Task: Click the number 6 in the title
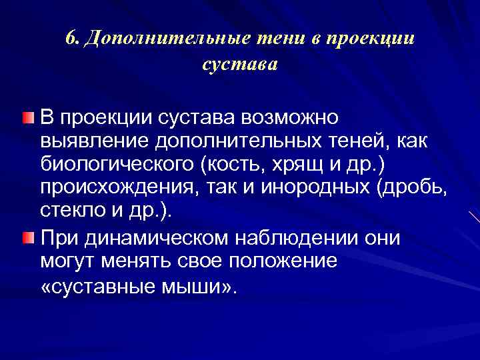pyautogui.click(x=71, y=37)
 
